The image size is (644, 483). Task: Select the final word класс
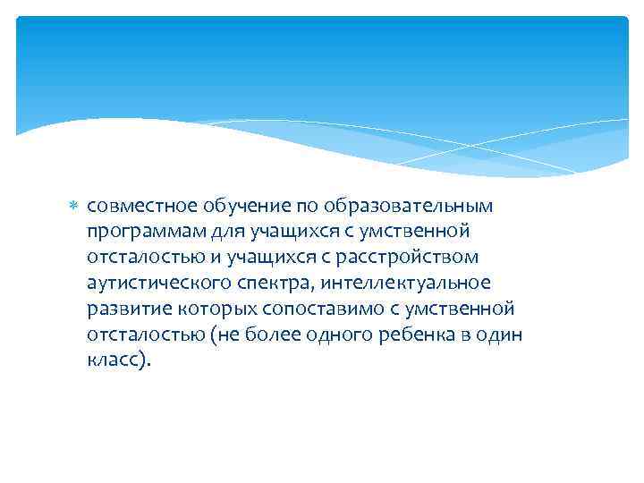[115, 360]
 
